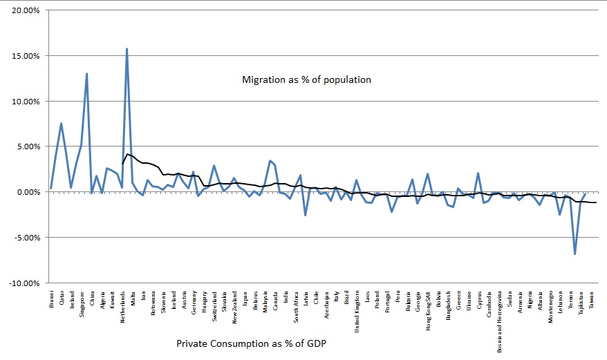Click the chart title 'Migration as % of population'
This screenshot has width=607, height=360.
[x=306, y=79]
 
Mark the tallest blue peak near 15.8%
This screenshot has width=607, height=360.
[x=127, y=49]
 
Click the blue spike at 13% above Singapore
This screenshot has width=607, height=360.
[x=86, y=73]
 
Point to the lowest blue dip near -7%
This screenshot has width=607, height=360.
[x=575, y=254]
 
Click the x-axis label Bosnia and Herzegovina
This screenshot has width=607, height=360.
[x=499, y=322]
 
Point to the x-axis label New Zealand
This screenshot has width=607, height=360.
[x=234, y=307]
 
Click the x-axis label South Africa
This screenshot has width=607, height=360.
[x=296, y=307]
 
